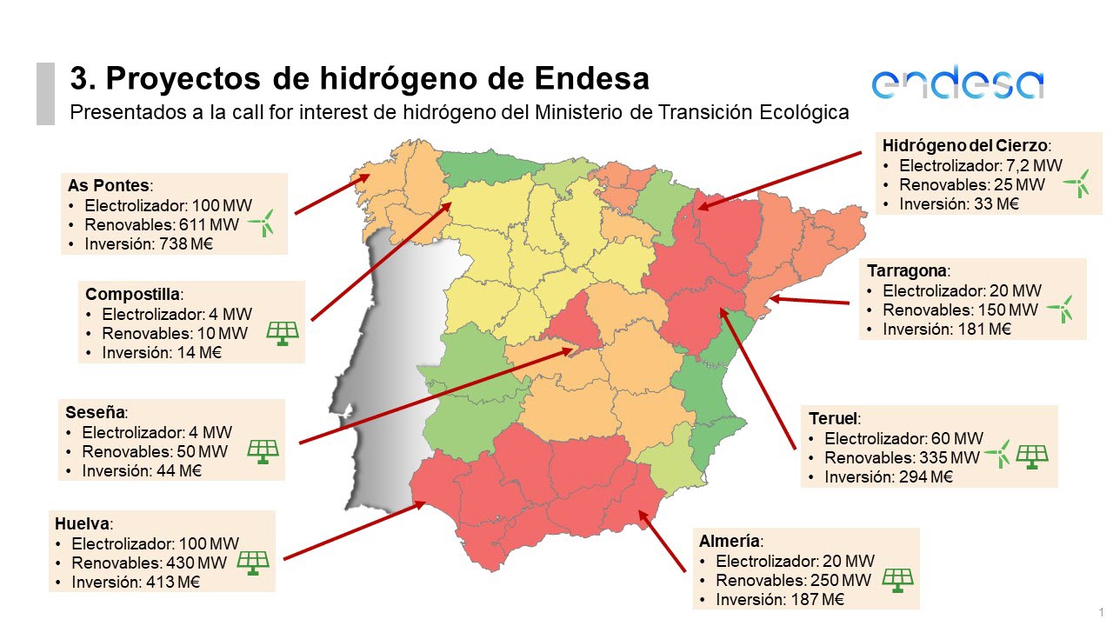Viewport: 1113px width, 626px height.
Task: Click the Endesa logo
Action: click(x=957, y=83)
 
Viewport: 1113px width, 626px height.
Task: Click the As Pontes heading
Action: click(x=109, y=186)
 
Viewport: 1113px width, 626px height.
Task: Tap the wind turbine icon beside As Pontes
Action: click(x=262, y=223)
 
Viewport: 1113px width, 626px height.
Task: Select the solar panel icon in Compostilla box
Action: click(x=283, y=332)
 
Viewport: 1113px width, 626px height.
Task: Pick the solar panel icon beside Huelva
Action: click(x=253, y=563)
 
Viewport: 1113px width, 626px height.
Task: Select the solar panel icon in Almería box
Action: click(x=897, y=580)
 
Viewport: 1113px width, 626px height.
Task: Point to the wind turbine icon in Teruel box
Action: click(x=998, y=453)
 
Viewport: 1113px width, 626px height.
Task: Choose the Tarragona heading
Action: click(x=908, y=270)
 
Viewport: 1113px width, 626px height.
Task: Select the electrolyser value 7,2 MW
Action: click(x=1036, y=165)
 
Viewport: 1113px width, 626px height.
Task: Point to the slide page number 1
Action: click(x=1101, y=612)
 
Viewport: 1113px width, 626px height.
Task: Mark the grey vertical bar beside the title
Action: click(x=45, y=93)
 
